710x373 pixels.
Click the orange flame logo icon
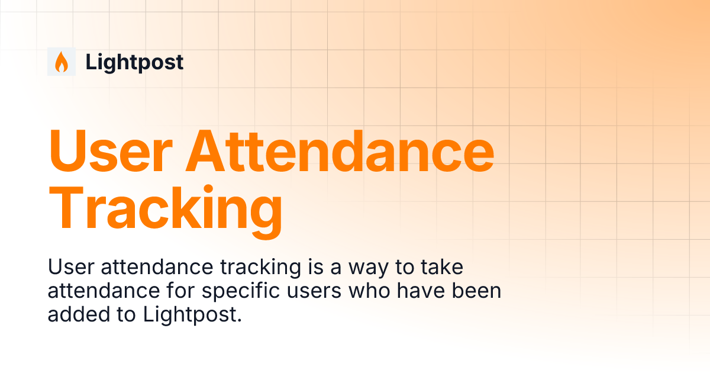coord(61,62)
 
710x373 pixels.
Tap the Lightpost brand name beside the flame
coord(134,62)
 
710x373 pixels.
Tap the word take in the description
coord(441,268)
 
